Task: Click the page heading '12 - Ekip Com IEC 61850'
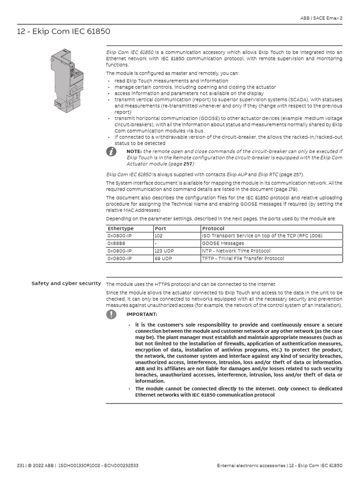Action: pos(64,32)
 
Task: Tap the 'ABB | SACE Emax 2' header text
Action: pos(321,18)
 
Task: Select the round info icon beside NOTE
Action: pos(111,151)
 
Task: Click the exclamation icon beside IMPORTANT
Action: pos(111,314)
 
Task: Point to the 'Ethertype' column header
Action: pos(120,228)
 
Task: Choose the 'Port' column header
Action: pos(160,228)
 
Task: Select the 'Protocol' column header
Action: pos(213,228)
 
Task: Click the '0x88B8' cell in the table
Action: pos(116,243)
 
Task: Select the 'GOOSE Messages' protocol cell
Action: pos(223,243)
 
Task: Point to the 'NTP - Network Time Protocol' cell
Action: pos(236,251)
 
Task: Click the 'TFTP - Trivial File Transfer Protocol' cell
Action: pos(242,258)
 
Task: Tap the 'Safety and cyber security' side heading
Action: pos(66,283)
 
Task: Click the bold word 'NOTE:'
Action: pos(134,151)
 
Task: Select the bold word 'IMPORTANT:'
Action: pos(142,314)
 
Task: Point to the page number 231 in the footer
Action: pos(20,465)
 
